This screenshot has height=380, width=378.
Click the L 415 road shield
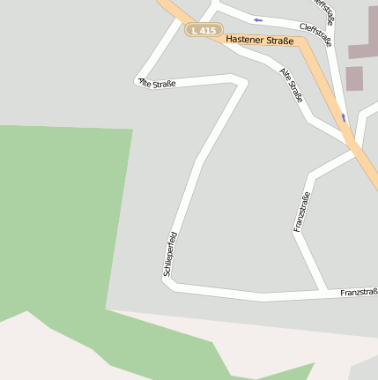pyautogui.click(x=203, y=30)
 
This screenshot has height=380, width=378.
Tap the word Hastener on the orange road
pyautogui.click(x=244, y=40)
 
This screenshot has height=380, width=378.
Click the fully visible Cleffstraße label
pyautogui.click(x=315, y=35)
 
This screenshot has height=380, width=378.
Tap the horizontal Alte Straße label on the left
pyautogui.click(x=157, y=83)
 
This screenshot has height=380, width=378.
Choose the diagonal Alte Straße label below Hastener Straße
pyautogui.click(x=291, y=85)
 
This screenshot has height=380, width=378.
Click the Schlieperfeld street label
pyautogui.click(x=172, y=254)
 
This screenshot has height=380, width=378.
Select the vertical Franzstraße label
pyautogui.click(x=300, y=212)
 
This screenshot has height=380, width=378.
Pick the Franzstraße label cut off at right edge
pyautogui.click(x=359, y=292)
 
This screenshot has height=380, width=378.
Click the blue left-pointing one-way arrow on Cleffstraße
pyautogui.click(x=258, y=19)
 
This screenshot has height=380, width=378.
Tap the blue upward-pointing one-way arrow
pyautogui.click(x=344, y=116)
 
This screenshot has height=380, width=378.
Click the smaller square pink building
pyautogui.click(x=354, y=78)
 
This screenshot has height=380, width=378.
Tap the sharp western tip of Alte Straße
pyautogui.click(x=137, y=79)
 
